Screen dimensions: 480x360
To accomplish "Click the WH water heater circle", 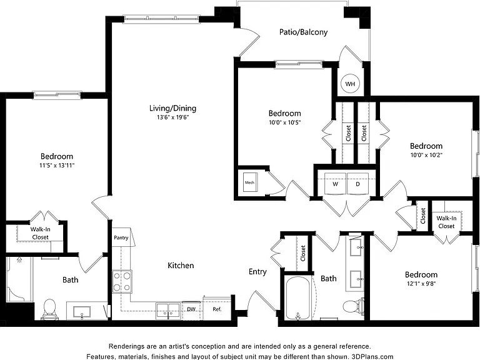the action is point(350,84).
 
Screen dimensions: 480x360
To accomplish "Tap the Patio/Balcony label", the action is point(303,32).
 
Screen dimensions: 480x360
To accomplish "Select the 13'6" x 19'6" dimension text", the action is point(173,117).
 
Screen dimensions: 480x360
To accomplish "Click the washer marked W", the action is point(336,184).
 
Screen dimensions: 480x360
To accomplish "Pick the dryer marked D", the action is point(358,184).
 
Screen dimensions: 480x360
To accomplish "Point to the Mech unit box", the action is point(250,182).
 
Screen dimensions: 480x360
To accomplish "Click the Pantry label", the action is point(121,237).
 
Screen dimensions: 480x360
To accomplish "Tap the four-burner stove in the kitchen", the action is point(122,282).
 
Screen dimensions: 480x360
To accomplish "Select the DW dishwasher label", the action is point(191,309).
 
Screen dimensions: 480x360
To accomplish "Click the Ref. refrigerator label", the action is point(217,309).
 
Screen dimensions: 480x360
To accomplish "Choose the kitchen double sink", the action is point(167,311).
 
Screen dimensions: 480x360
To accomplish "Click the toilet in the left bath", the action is point(49,309).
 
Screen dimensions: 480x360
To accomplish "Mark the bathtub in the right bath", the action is point(298,297).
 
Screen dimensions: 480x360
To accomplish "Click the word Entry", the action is point(257,272).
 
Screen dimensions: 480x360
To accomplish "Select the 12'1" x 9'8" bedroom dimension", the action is point(421,284).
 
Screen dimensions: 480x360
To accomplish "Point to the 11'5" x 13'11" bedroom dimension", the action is point(57,166).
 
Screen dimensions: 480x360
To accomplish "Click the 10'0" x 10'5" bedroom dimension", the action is point(285,122).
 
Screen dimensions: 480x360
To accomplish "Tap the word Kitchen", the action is point(181,266).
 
